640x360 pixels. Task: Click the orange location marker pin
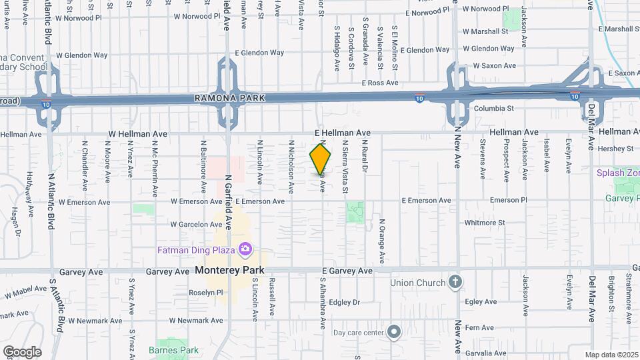pyautogui.click(x=321, y=159)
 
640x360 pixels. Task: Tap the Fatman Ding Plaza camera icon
pyautogui.click(x=245, y=249)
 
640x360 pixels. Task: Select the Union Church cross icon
pyautogui.click(x=455, y=282)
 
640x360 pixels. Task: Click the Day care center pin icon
pyautogui.click(x=394, y=331)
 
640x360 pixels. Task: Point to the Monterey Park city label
pyautogui.click(x=230, y=270)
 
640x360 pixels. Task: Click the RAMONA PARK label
pyautogui.click(x=229, y=98)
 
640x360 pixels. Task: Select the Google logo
pyautogui.click(x=22, y=351)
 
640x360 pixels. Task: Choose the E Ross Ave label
pyautogui.click(x=379, y=83)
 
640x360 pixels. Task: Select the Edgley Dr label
pyautogui.click(x=344, y=302)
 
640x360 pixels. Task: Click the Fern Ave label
pyautogui.click(x=479, y=327)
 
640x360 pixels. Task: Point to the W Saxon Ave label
pyautogui.click(x=494, y=65)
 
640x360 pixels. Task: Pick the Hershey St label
pyautogui.click(x=615, y=148)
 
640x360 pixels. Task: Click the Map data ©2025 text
pyautogui.click(x=611, y=355)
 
